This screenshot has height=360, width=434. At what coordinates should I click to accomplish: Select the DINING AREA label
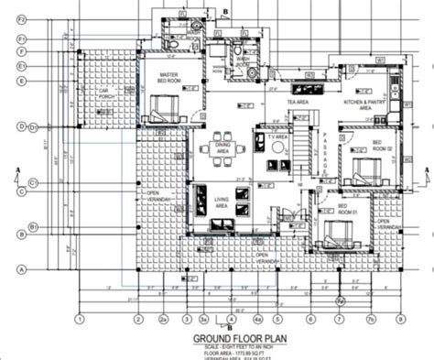click(222, 147)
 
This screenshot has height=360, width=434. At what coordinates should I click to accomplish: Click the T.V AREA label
click(278, 136)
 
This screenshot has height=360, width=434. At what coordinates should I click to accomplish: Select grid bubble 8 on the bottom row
click(400, 320)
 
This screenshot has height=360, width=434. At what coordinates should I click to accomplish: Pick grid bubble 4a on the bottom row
click(258, 320)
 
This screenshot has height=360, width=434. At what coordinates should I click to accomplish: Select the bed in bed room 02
click(362, 170)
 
